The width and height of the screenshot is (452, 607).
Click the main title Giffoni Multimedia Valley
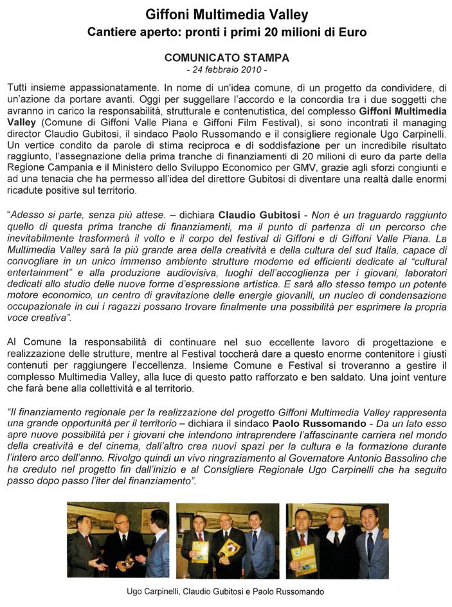(x=226, y=15)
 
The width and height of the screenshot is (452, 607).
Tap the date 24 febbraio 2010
(x=226, y=69)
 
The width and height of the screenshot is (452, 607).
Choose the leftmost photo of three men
(x=118, y=540)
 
